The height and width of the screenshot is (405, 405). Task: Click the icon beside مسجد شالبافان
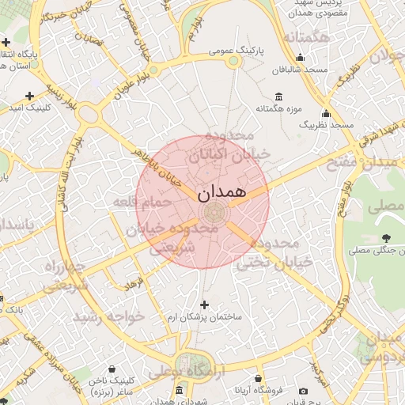click(300, 58)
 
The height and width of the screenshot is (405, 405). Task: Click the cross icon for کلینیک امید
click(29, 96)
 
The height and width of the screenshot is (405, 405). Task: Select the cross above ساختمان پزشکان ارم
click(204, 305)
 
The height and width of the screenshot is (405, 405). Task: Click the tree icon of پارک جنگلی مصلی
click(387, 238)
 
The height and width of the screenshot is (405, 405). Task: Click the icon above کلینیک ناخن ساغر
click(112, 369)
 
